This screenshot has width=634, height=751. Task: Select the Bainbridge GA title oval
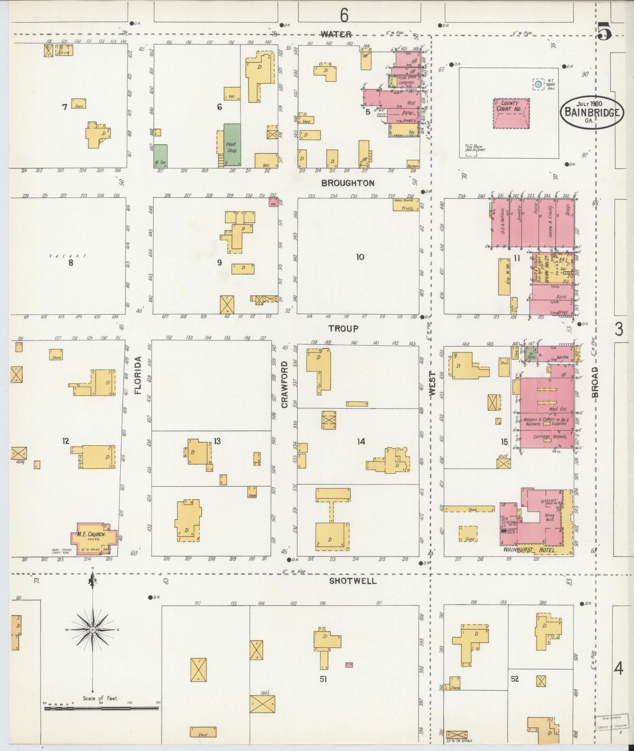point(592,112)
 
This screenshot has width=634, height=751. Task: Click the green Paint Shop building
point(231,145)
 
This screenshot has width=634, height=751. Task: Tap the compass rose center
point(93,630)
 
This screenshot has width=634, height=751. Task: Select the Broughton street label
point(347,183)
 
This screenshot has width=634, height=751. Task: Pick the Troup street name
point(344,328)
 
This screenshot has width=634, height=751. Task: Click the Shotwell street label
point(353,581)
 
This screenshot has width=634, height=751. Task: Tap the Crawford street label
point(284,384)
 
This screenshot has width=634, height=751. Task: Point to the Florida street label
point(138,375)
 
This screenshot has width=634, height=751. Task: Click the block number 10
point(360,257)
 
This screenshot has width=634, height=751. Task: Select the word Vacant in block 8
point(68,255)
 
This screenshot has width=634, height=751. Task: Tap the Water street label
point(336,34)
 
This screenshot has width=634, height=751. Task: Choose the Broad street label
point(595,382)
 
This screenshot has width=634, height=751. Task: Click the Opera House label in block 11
point(547,268)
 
